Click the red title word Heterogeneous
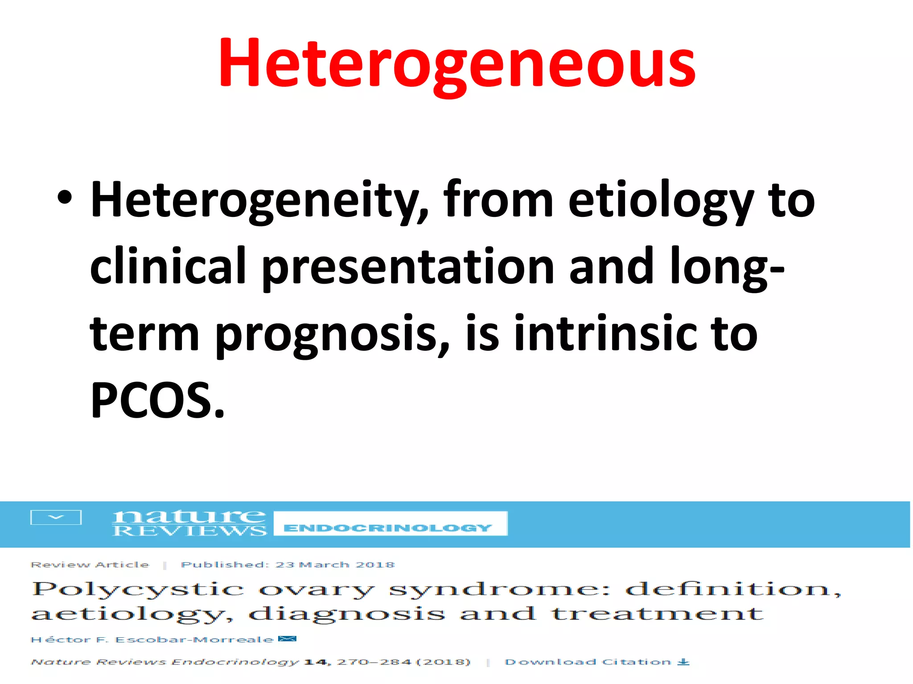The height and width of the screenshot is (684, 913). (x=456, y=63)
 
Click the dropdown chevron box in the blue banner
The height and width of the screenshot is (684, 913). (x=56, y=517)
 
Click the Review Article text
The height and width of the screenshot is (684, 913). (x=90, y=565)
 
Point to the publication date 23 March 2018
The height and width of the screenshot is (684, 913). (x=335, y=565)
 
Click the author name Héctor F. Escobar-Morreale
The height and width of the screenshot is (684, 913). (x=152, y=640)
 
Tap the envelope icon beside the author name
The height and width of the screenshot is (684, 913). (x=287, y=639)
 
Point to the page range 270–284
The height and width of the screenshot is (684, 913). (x=374, y=662)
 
